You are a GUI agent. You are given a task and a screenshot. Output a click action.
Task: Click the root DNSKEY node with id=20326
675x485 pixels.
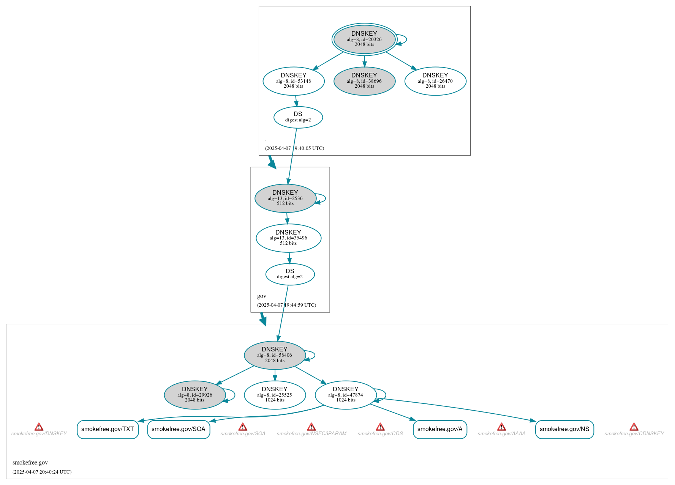(x=364, y=39)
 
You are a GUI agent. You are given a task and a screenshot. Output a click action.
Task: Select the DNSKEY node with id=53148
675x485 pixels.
(x=293, y=81)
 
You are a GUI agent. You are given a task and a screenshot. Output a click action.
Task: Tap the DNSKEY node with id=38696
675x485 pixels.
(x=364, y=81)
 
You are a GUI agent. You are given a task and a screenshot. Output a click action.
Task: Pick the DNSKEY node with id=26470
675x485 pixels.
(x=435, y=81)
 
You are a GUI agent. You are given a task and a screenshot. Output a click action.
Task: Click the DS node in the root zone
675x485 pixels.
(x=298, y=117)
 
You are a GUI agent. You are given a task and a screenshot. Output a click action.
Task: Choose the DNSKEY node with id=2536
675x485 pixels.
(x=285, y=198)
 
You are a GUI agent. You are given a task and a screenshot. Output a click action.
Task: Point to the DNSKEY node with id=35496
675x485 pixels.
(x=288, y=238)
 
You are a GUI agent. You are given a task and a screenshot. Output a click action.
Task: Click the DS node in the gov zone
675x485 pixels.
(x=290, y=274)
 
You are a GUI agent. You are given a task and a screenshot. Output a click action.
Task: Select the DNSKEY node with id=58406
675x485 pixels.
(x=275, y=355)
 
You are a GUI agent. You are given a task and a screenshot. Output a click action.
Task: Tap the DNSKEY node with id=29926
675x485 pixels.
(x=195, y=395)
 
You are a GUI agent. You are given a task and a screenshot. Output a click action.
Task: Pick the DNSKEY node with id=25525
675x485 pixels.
(x=275, y=395)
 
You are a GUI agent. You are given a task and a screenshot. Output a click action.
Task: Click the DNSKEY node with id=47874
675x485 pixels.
(x=346, y=395)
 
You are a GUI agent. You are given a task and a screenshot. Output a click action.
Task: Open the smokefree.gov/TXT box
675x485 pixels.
(x=107, y=429)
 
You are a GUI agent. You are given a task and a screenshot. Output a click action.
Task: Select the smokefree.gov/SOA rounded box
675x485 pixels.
(x=179, y=429)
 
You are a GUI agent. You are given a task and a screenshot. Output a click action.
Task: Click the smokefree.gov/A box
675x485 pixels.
(x=440, y=429)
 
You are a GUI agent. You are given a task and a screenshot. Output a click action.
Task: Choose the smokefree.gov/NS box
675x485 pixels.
(x=564, y=429)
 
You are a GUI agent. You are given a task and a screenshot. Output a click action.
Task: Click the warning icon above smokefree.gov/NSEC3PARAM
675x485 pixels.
(x=311, y=427)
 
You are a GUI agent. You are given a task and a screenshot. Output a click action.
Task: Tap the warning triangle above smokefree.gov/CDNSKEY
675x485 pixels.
(x=634, y=427)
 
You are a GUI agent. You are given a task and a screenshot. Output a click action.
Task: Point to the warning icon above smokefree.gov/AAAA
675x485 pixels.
(x=501, y=427)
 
